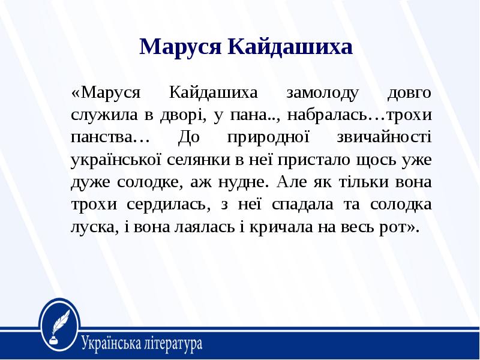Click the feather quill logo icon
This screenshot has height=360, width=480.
pyautogui.click(x=61, y=324)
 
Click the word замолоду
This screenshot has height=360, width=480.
pyautogui.click(x=322, y=93)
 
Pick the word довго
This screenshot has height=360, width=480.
pyautogui.click(x=409, y=93)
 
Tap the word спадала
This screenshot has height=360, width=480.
pyautogui.click(x=302, y=204)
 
